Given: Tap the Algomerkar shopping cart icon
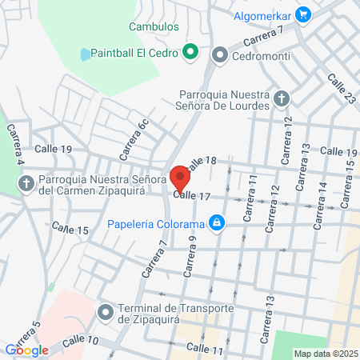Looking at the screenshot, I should [302, 14].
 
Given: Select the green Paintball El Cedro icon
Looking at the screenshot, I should [190, 54].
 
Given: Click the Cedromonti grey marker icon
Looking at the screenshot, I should [220, 55].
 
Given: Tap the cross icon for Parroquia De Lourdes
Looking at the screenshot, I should [281, 99].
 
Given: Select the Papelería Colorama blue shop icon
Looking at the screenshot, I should [215, 222].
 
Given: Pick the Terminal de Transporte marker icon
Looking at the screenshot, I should [105, 312].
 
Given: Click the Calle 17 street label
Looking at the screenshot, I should [191, 195].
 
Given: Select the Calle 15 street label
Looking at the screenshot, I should [70, 230].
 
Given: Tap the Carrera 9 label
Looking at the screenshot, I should [190, 256].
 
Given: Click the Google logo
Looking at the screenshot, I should [26, 350].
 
